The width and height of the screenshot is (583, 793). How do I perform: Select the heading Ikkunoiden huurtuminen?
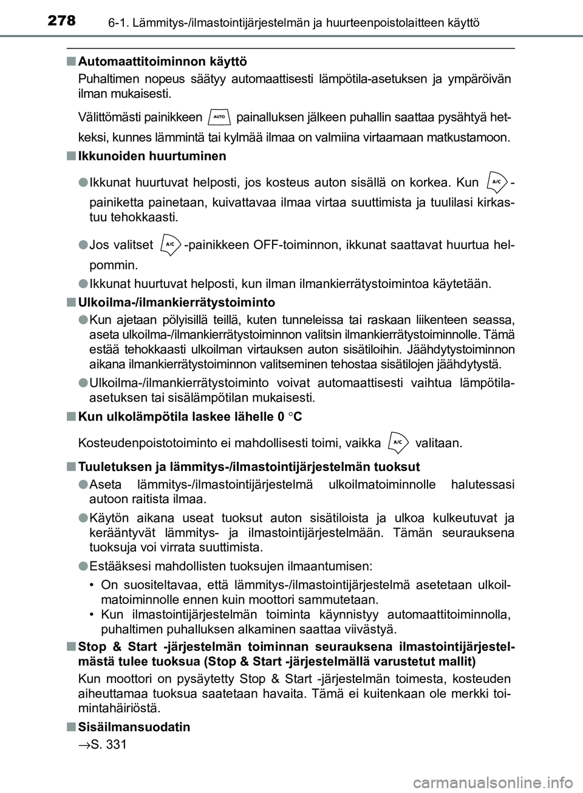[x=152, y=156]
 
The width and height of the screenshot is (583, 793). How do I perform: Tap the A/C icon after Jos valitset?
[x=169, y=245]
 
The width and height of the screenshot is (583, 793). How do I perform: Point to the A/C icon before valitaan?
[x=398, y=442]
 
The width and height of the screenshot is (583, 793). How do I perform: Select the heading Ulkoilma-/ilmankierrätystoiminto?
[x=177, y=302]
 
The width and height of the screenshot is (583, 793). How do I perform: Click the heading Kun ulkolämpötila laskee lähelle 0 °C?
[x=191, y=417]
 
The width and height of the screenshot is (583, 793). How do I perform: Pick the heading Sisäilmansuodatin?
[x=134, y=727]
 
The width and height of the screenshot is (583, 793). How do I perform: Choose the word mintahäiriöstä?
[x=120, y=708]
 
